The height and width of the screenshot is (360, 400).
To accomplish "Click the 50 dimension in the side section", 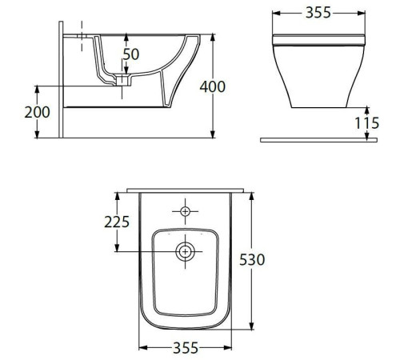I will coord(130,55).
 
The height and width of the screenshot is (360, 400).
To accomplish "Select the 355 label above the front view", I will coord(319,14).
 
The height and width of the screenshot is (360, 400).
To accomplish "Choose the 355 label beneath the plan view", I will coord(186,348).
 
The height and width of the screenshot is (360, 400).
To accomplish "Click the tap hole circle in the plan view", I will coord(186,211).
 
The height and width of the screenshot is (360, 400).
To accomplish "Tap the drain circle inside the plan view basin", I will coord(186,251).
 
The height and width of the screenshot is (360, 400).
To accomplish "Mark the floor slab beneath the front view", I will coord(318,139).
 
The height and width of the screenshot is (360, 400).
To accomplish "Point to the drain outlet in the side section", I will coord(122,80).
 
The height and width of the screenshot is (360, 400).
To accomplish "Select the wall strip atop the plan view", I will coord(186,189).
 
